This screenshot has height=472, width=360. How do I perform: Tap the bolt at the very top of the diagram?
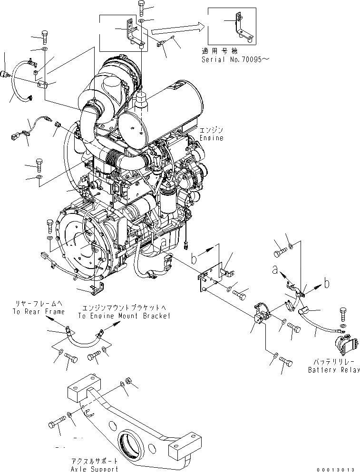tap(142, 7)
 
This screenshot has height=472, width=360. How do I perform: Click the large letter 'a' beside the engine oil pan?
tap(163, 241)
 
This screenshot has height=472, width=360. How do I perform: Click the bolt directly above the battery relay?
tap(344, 314)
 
